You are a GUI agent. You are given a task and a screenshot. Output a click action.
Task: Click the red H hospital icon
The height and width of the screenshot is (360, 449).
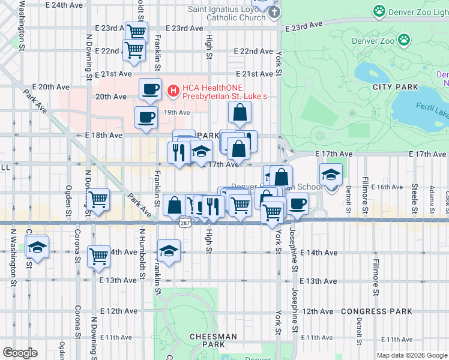[x=173, y=91]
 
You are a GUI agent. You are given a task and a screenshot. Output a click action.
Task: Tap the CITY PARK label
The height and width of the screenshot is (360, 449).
[x=395, y=87]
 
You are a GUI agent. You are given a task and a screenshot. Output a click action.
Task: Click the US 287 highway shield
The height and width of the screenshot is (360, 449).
[x=184, y=221]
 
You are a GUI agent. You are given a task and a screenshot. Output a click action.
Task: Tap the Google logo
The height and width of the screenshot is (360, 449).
[x=20, y=352]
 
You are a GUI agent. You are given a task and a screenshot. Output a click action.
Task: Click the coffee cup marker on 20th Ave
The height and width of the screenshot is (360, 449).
[x=150, y=89]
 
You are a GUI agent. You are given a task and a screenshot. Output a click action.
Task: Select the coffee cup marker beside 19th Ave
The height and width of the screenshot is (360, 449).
[x=145, y=117]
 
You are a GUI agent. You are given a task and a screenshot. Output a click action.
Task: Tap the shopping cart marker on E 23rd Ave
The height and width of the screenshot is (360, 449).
[x=137, y=32]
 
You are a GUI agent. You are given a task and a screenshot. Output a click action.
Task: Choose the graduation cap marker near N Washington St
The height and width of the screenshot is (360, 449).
[x=37, y=247]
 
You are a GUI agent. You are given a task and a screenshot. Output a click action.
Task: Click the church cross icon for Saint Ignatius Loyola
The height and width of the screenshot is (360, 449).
[x=274, y=13]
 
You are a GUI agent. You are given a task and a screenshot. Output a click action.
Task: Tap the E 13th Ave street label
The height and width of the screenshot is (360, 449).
[x=118, y=280]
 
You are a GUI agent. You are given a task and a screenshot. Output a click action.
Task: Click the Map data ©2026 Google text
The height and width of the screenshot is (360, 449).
[x=411, y=355]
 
